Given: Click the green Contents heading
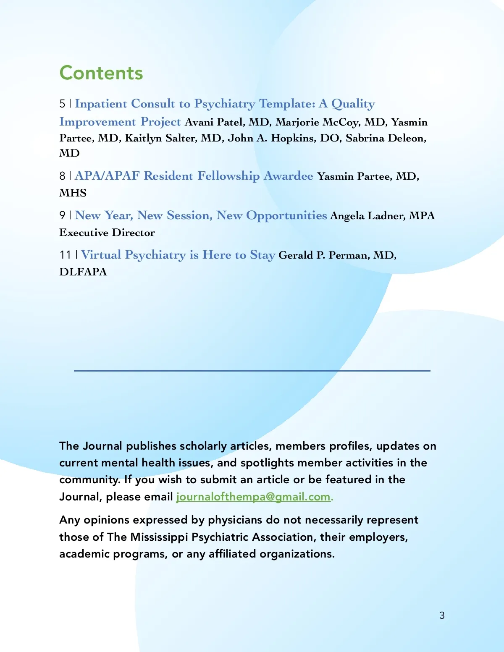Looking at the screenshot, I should pos(101,73).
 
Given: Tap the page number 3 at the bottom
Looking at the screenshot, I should pos(442,615).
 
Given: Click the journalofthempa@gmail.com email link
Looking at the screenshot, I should pos(254,497).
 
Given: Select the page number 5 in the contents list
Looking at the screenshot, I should pos(63,104).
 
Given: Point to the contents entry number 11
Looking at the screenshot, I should pos(66,255).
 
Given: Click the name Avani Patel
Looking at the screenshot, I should pos(214,122).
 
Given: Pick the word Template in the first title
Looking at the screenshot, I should pos(287,104).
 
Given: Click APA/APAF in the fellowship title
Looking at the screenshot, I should pos(107,175).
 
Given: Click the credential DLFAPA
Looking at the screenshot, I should pos(83,272).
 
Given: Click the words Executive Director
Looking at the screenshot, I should pos(107,233).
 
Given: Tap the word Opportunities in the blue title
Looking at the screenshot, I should pos(286,215).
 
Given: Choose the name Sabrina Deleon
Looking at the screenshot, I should pos(386,138).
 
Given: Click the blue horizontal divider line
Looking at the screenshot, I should pos(252,371).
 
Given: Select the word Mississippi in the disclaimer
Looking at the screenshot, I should pos(159,537).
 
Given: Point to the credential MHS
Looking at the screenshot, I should pos(73,193).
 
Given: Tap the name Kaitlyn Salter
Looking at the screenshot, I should pos(161,138).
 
